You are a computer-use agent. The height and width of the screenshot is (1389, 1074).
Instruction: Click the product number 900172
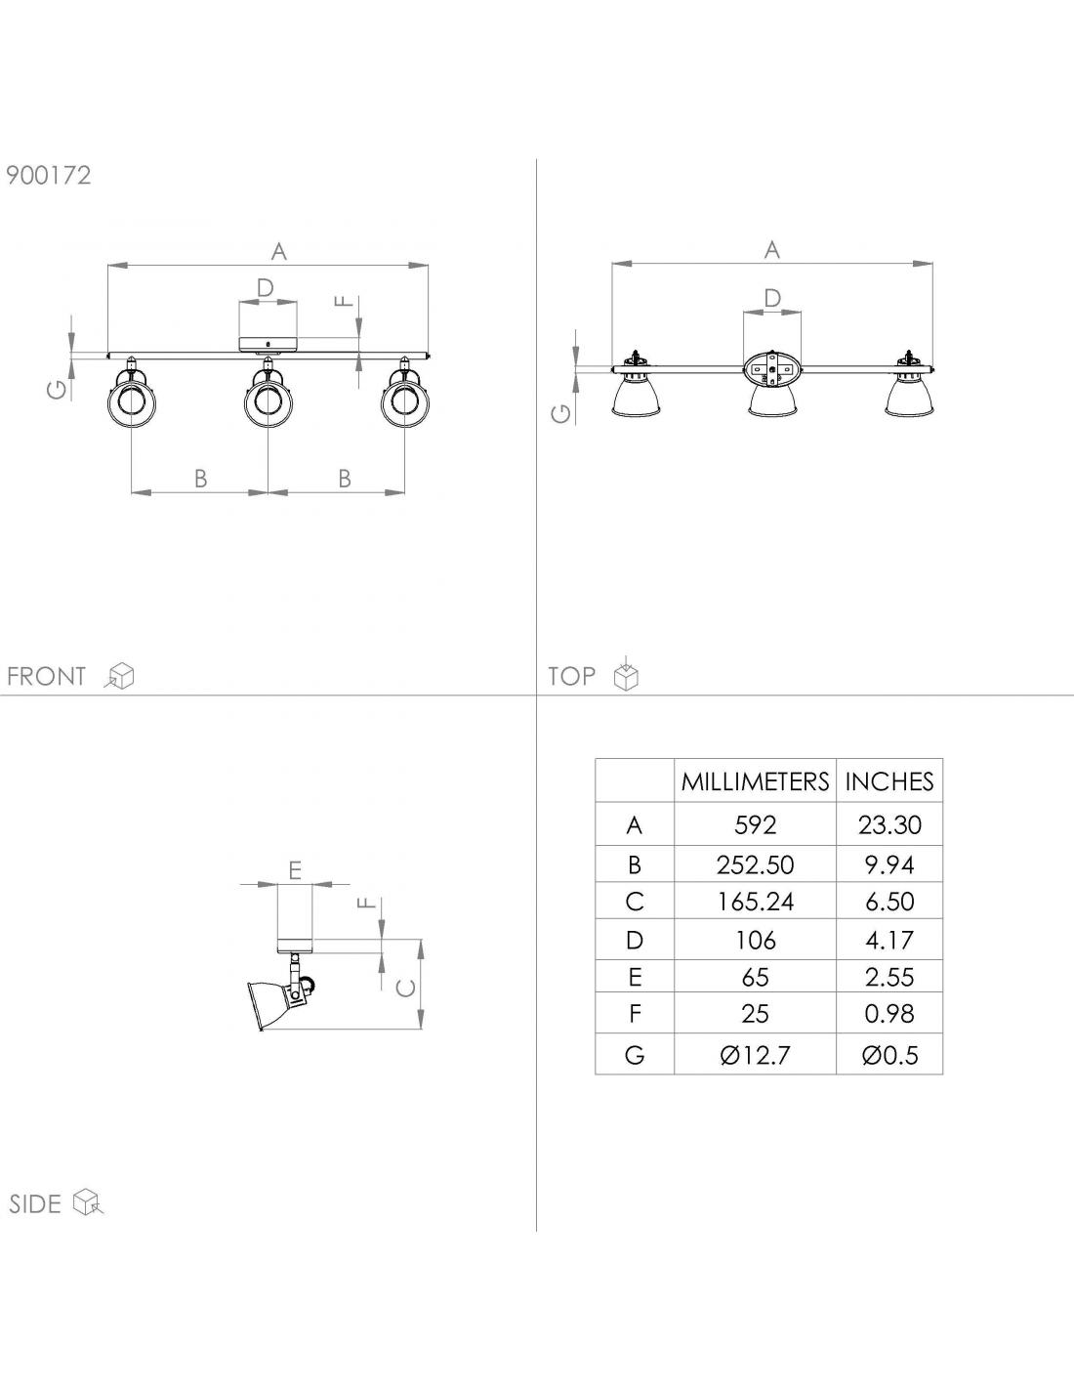(49, 175)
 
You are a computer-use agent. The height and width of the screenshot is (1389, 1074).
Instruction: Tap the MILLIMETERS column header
(755, 781)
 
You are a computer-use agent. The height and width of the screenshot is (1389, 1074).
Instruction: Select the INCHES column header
(889, 781)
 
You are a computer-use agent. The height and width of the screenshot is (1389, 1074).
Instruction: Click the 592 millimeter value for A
(755, 825)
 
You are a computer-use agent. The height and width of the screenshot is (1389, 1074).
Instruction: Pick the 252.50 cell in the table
(755, 864)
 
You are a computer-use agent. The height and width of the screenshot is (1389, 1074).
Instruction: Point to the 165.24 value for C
(755, 902)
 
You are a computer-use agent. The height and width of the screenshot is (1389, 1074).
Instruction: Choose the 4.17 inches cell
(889, 941)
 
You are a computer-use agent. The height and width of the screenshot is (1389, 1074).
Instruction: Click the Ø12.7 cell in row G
(755, 1055)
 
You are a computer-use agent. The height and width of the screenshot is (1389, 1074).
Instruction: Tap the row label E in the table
(635, 978)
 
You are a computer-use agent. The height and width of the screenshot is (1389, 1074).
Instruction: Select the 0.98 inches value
(889, 1014)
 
